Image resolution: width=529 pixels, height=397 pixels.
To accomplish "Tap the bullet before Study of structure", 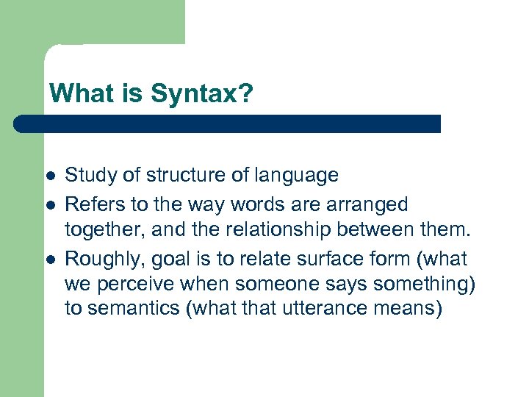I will [49, 176].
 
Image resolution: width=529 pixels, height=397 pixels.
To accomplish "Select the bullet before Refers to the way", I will [49, 205].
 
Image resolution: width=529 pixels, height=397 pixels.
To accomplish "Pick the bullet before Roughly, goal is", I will [49, 260].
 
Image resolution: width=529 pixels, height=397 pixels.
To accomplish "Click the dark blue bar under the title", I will [228, 124].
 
